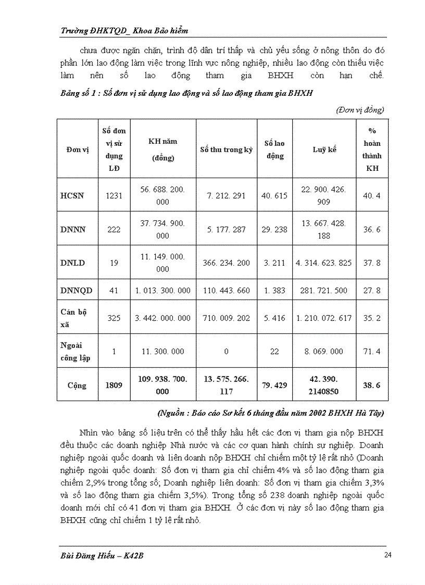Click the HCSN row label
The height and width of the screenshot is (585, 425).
point(72,196)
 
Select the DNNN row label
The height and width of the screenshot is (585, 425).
point(73,229)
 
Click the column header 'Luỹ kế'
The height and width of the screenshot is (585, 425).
point(324,150)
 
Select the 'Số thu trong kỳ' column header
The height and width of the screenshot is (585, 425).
point(226,150)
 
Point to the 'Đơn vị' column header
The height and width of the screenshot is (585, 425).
point(78,150)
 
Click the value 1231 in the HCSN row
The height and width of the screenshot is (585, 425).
point(114,196)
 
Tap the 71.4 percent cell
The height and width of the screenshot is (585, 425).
point(371,352)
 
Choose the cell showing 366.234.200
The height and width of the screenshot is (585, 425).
point(226,263)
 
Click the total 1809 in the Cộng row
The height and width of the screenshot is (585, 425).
point(114,385)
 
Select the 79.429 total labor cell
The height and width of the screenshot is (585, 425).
point(274,385)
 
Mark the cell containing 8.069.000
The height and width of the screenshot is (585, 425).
point(324,352)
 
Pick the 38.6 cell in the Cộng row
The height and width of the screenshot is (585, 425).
point(371,385)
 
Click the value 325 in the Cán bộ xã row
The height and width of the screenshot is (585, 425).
point(114,318)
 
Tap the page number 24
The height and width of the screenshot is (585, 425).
point(387,555)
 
